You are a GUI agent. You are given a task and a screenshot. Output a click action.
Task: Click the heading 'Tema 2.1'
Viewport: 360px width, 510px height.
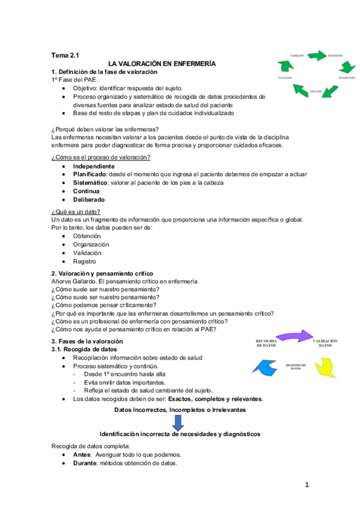pos(65,55)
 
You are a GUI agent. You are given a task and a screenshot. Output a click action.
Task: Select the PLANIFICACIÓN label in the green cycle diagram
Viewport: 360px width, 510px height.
pos(346,78)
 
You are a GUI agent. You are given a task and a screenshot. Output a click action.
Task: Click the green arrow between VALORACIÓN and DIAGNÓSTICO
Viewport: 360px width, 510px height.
pos(317,56)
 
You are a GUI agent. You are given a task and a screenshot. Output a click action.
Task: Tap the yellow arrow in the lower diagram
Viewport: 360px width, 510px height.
pos(328,366)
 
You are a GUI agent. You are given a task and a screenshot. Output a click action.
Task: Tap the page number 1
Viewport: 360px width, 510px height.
pos(306,485)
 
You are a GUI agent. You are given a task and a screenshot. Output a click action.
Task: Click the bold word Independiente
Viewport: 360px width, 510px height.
pos(93,166)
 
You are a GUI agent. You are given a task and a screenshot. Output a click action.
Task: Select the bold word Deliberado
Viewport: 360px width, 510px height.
pos(90,200)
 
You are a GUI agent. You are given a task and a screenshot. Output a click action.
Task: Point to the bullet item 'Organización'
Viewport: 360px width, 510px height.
pos(91,245)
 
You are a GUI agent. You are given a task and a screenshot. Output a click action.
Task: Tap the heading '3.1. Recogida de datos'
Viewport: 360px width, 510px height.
pos(84,349)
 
